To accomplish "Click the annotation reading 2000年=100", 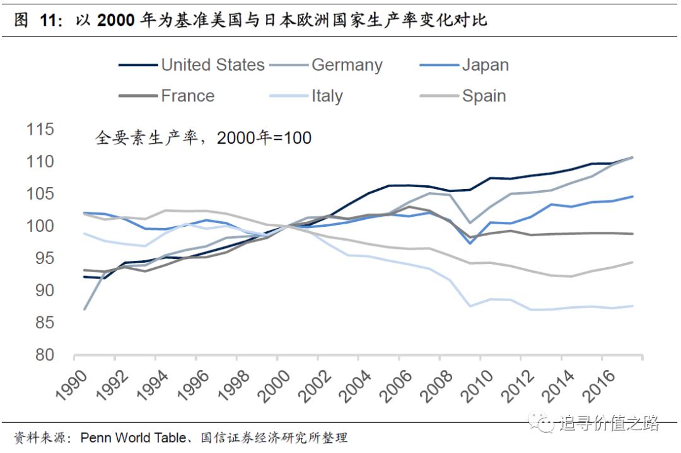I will pos(264,137).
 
